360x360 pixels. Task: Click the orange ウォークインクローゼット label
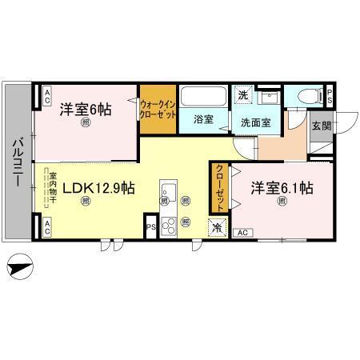[x=158, y=109]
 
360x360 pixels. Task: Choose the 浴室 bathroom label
[x=203, y=119]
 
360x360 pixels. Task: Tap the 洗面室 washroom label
[x=255, y=122]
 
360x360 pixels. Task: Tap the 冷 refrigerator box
[x=217, y=227]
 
